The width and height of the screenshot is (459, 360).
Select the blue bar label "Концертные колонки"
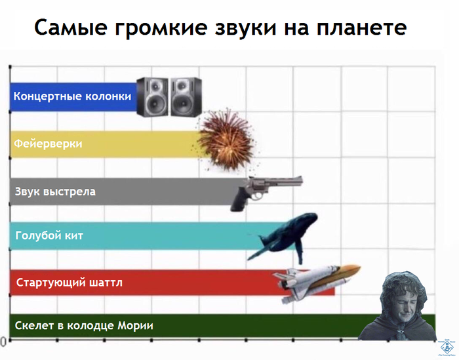point(73,96)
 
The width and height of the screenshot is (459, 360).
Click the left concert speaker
point(153,97)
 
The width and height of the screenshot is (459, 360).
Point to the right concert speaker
point(186,97)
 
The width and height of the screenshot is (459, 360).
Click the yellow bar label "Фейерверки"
point(49,144)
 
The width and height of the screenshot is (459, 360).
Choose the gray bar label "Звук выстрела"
point(56,191)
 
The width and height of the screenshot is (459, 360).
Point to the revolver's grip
point(239,200)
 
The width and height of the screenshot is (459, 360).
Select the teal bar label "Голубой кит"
point(50,235)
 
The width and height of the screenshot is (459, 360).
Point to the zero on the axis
point(3,342)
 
